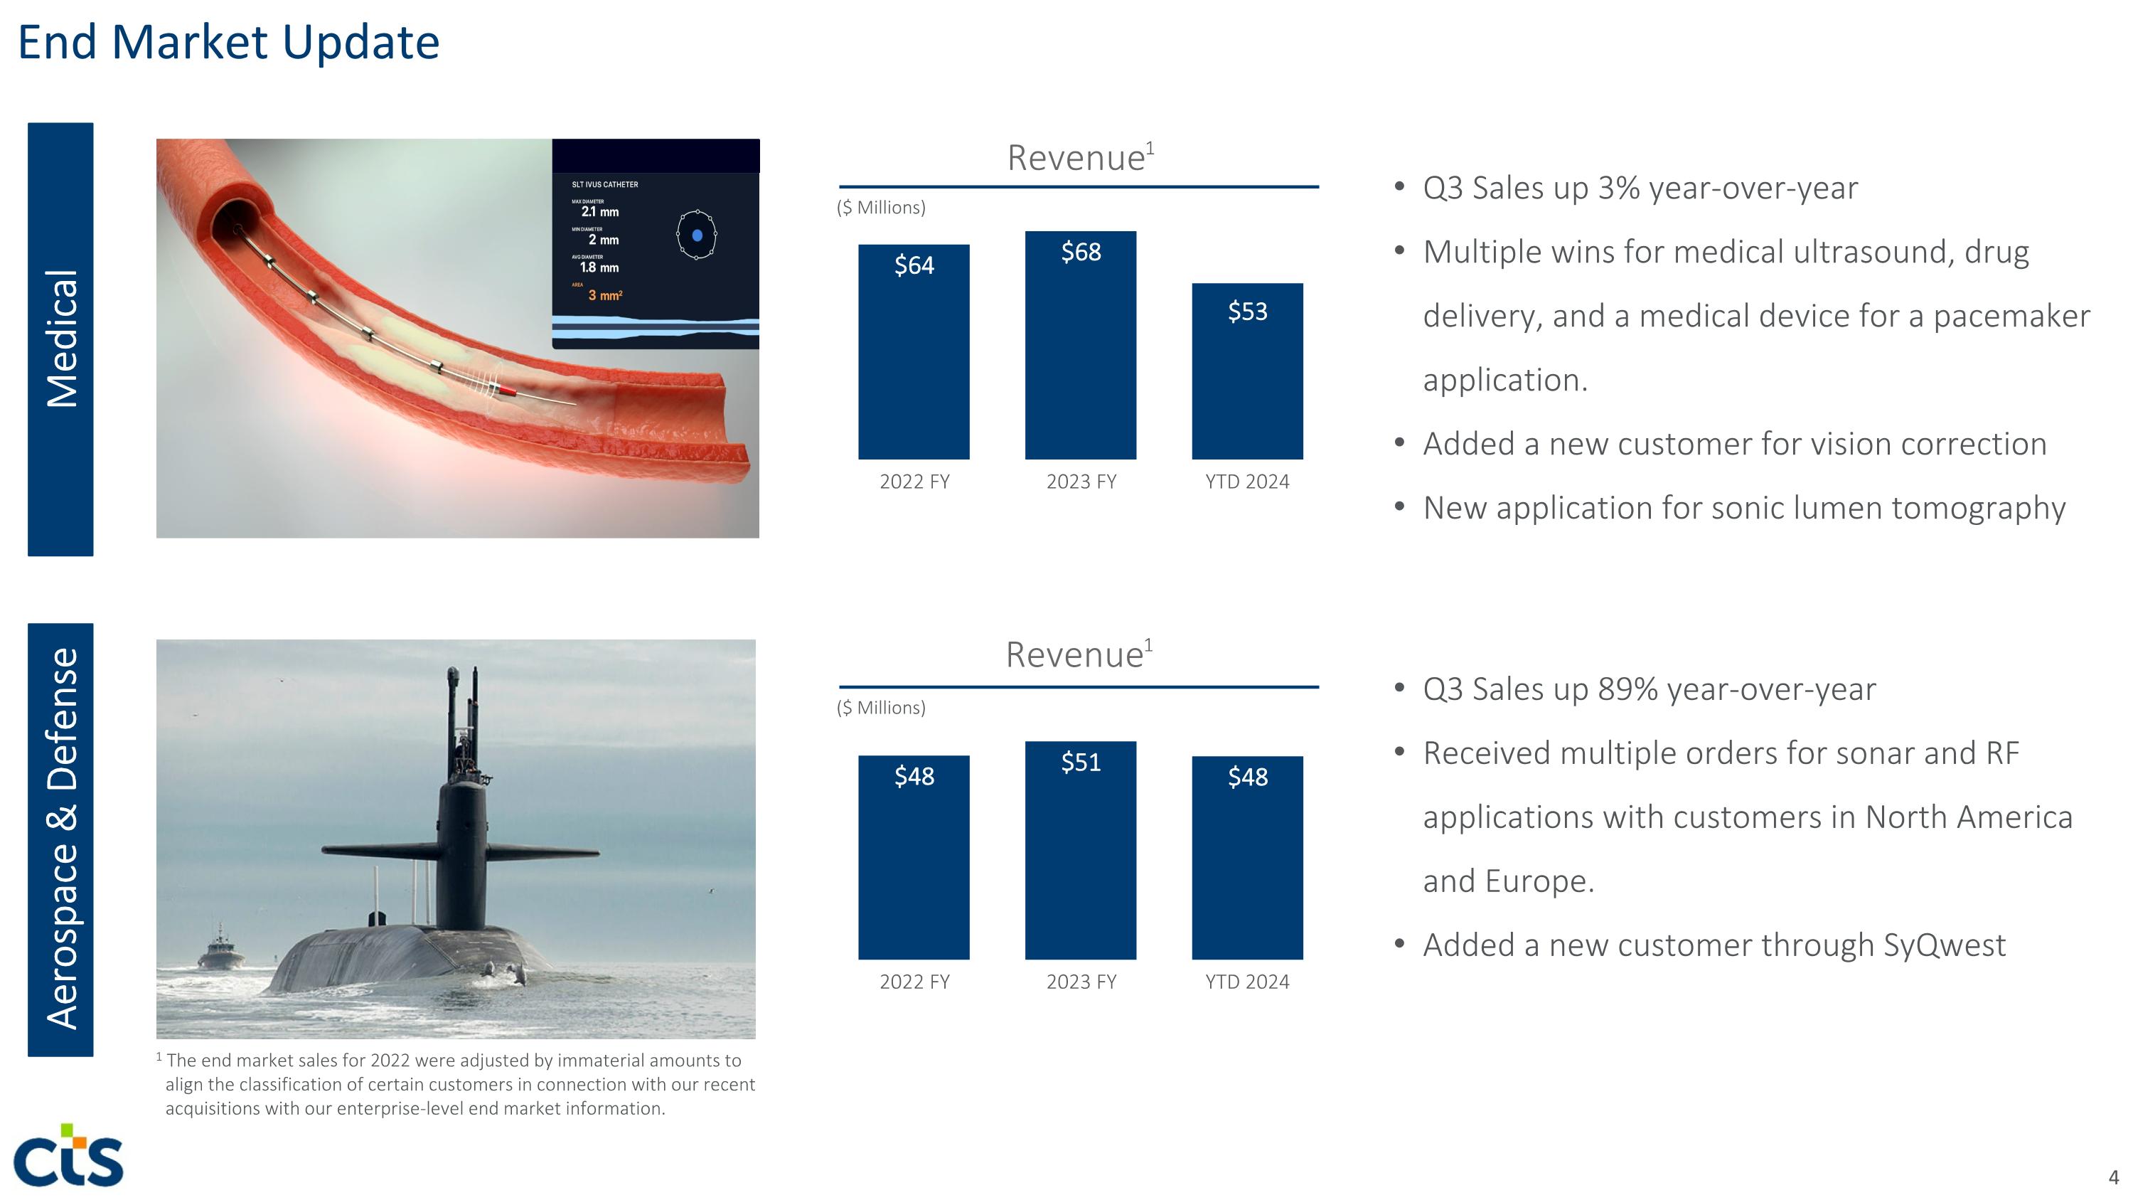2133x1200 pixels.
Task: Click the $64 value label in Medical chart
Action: pos(914,266)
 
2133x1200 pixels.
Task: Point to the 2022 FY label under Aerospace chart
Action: pos(914,982)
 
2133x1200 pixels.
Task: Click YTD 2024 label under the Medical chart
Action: pos(1247,482)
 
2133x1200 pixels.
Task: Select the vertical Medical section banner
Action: pos(60,339)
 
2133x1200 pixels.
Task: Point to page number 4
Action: pos(2112,1177)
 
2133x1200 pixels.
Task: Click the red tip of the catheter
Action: pos(507,388)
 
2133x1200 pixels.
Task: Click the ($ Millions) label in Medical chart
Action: pos(881,208)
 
